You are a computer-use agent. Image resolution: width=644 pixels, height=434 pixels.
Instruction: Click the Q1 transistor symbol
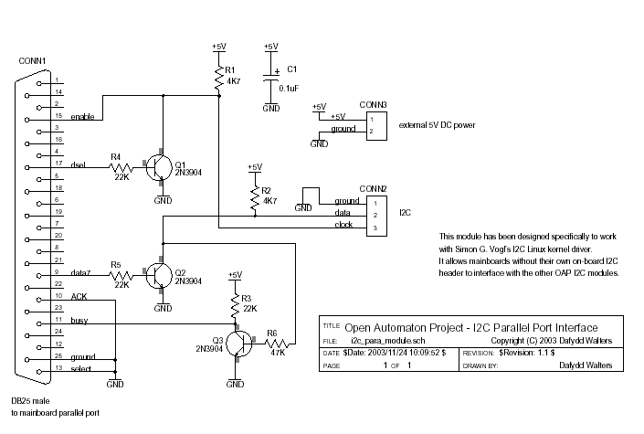point(159,167)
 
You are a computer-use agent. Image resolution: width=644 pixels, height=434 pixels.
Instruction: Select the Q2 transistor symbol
point(159,275)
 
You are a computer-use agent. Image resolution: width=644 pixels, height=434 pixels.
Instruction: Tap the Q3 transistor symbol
point(239,344)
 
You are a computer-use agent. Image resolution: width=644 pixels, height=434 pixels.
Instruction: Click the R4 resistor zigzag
point(121,168)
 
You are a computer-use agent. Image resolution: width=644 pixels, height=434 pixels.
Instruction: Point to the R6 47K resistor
point(277,344)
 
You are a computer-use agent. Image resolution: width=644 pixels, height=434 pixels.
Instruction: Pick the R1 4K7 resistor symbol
point(219,78)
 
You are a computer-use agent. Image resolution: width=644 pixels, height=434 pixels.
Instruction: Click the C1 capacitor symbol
point(271,78)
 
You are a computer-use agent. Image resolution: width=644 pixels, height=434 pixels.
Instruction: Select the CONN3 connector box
point(376,126)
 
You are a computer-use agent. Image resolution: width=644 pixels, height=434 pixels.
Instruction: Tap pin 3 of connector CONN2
point(375,228)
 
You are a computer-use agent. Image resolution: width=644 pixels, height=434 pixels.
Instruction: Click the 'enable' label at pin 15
point(82,117)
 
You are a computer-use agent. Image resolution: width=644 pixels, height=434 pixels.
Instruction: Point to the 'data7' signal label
point(80,272)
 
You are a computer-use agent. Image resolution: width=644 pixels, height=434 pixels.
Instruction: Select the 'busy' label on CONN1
point(79,320)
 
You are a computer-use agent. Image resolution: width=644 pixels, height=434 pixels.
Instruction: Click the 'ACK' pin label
point(79,296)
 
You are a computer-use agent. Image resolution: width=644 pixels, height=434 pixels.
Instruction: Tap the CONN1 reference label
point(32,61)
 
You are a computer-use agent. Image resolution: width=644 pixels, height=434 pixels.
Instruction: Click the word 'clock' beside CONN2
point(343,225)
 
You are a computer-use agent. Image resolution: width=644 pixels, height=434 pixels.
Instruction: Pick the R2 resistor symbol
point(255,197)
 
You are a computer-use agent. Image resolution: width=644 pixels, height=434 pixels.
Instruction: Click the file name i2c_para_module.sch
point(388,340)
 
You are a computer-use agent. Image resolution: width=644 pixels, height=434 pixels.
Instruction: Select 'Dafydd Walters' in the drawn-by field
point(586,365)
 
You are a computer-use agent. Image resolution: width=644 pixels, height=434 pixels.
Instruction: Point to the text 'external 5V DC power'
point(437,125)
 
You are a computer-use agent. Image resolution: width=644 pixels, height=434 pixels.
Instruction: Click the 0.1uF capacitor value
point(289,89)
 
